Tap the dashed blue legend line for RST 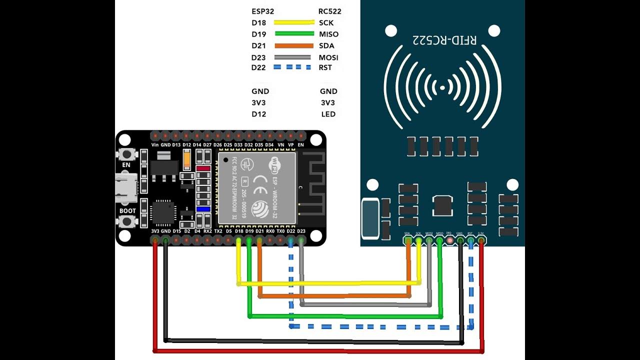coord(293,67)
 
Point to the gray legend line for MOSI coord(293,57)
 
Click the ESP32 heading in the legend coord(263,11)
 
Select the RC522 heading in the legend coord(329,11)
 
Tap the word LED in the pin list coord(328,114)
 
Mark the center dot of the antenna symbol coord(442,88)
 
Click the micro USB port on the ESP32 coord(126,188)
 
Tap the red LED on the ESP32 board coord(203,169)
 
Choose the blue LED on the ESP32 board coord(203,209)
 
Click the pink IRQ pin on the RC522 coord(449,241)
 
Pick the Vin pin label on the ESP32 coord(155,145)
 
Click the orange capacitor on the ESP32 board coord(187,159)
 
